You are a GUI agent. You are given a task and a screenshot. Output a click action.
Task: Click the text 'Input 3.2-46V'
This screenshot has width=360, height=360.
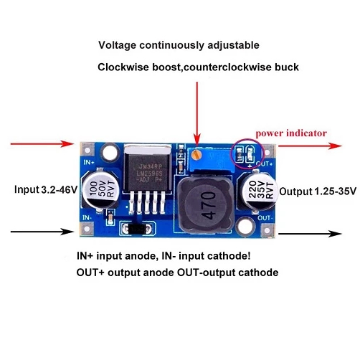click(x=44, y=190)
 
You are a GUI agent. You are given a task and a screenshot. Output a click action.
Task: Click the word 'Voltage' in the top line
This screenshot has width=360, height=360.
click(x=117, y=44)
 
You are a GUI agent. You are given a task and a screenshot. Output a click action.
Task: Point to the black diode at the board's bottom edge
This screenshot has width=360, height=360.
click(x=137, y=229)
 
